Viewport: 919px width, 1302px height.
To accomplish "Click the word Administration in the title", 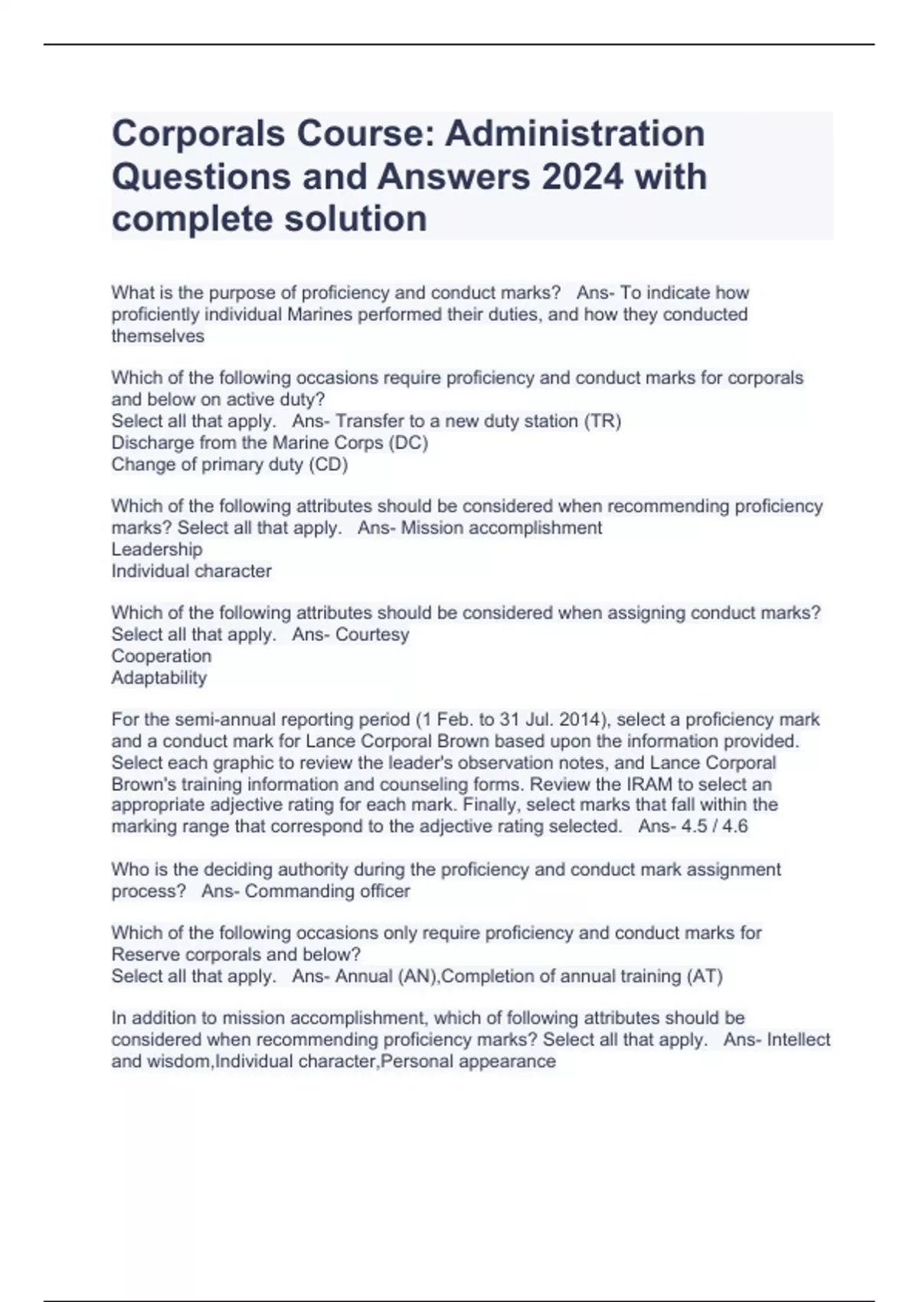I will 574,133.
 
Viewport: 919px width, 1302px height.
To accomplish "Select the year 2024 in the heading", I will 582,177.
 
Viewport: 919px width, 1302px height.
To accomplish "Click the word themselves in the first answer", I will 158,336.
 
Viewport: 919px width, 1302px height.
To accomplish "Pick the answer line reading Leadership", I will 157,549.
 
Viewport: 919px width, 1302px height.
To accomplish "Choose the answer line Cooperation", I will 162,656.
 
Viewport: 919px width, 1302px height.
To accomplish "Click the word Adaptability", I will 159,678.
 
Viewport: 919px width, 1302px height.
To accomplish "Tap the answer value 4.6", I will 734,826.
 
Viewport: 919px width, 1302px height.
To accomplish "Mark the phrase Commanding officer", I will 328,891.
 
